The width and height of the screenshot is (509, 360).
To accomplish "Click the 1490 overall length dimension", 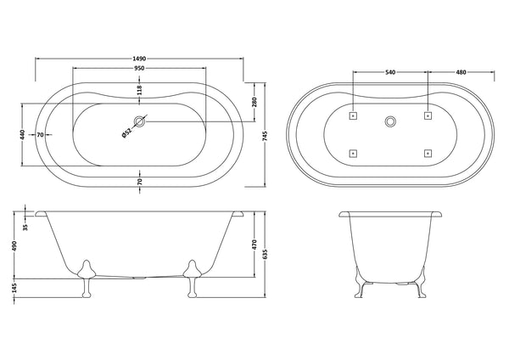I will pyautogui.click(x=139, y=53).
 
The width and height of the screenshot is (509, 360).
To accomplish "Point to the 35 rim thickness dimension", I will pyautogui.click(x=25, y=227).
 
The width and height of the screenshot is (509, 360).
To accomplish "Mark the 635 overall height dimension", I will pyautogui.click(x=266, y=252).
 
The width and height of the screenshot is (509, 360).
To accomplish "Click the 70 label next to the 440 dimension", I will pyautogui.click(x=40, y=135).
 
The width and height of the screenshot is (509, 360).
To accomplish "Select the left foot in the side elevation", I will pyautogui.click(x=85, y=277).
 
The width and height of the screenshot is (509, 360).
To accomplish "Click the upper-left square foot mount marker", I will pyautogui.click(x=354, y=111).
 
